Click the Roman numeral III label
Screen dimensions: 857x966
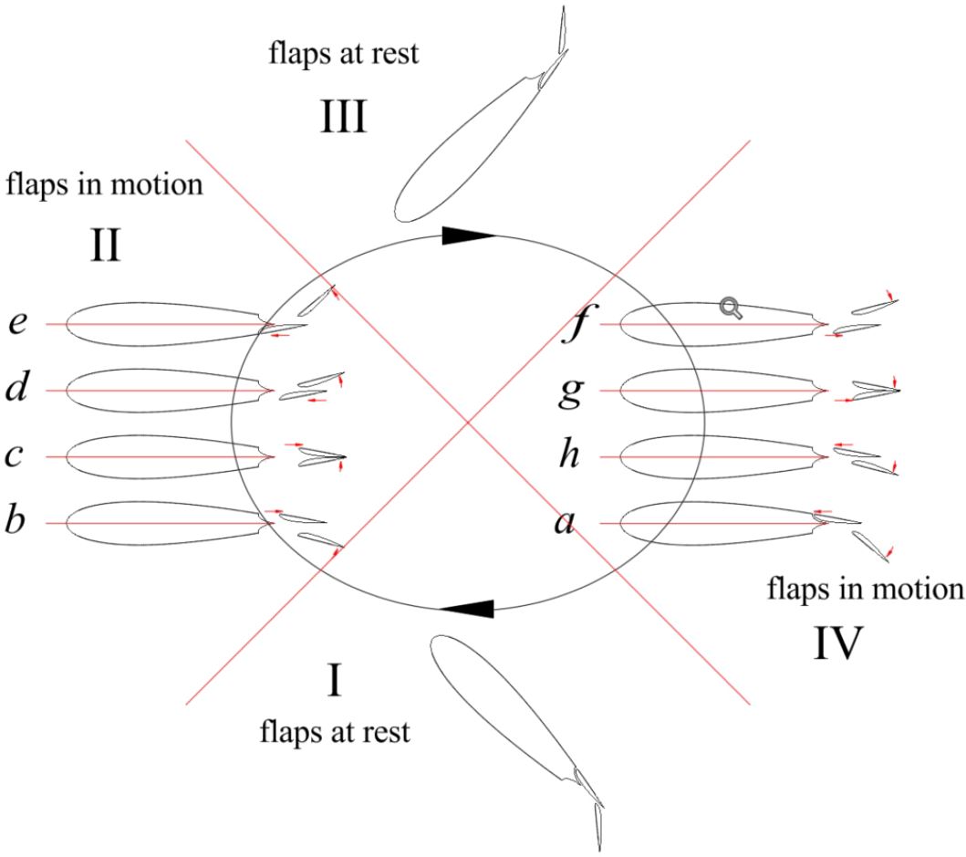tap(343, 117)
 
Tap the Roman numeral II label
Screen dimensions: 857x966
tap(106, 246)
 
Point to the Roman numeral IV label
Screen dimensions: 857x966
tap(836, 643)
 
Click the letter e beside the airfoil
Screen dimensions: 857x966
tap(18, 323)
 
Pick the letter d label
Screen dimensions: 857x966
tap(16, 389)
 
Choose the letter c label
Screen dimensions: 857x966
tap(14, 455)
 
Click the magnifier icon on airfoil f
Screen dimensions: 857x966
tap(731, 308)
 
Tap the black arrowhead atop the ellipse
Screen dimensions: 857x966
tap(468, 235)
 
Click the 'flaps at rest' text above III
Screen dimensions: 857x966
tap(344, 53)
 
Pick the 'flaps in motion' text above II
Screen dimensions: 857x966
tap(104, 184)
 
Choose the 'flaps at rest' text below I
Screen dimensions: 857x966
tap(334, 730)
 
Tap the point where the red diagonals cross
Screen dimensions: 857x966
tap(468, 421)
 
